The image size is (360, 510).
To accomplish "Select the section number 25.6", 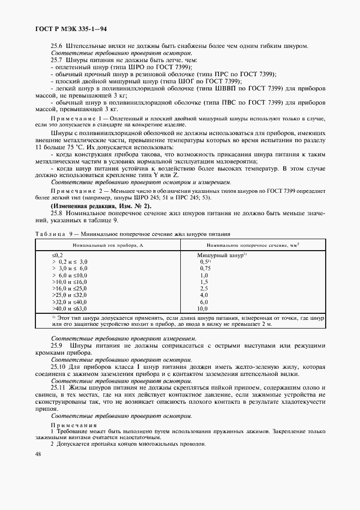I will point(57,45).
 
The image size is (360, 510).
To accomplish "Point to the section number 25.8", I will point(57,215).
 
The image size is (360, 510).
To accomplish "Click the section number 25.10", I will point(59,367).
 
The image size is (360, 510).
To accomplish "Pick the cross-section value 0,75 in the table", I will point(205,269).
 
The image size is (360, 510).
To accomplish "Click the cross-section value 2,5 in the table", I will point(204,288).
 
